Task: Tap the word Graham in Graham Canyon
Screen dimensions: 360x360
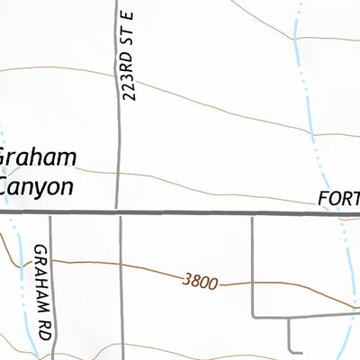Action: pyautogui.click(x=37, y=158)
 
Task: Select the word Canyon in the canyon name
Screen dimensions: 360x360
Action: pyautogui.click(x=37, y=186)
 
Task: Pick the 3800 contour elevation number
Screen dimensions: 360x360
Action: pyautogui.click(x=199, y=282)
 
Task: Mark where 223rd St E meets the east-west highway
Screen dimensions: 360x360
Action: pyautogui.click(x=119, y=213)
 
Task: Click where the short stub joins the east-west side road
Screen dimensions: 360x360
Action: pyautogui.click(x=289, y=318)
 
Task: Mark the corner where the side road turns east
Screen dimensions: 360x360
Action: pyautogui.click(x=253, y=318)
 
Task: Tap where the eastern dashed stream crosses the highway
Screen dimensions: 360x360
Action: pyautogui.click(x=337, y=213)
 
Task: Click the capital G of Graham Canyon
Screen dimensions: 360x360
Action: pyautogui.click(x=4, y=158)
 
